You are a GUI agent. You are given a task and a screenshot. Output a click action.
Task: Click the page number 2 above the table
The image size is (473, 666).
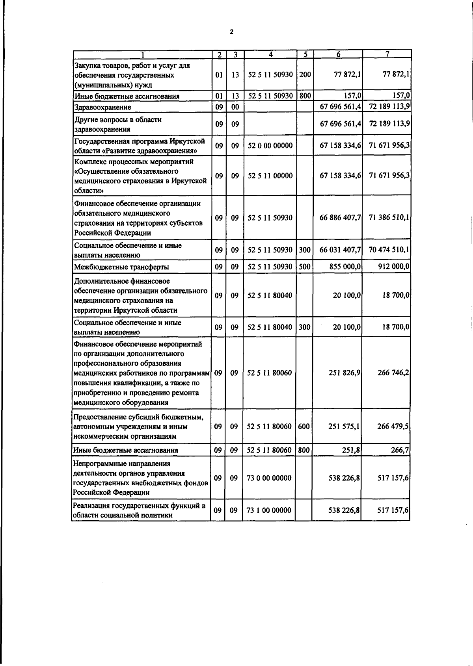232,32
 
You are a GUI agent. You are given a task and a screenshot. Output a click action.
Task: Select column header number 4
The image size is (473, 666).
270,54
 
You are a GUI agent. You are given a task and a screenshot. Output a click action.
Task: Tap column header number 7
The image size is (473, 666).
387,54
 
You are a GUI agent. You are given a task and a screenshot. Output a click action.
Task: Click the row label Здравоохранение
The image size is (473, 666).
102,107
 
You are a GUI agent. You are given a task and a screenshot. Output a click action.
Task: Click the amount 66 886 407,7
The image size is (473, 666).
341,218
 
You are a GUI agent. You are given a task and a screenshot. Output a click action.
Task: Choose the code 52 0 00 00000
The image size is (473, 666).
270,146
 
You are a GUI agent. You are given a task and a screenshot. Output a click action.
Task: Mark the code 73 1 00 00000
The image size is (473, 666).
269,510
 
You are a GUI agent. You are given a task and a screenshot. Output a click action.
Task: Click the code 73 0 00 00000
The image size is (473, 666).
269,478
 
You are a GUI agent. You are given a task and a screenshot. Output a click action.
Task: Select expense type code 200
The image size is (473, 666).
305,74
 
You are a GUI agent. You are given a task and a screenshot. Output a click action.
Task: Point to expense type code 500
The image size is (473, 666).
304,267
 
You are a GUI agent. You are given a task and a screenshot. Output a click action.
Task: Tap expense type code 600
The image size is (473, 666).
304,427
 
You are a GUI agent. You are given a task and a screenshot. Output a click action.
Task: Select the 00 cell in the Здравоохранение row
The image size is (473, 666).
235,107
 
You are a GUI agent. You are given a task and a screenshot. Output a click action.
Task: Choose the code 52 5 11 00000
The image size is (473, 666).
270,176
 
